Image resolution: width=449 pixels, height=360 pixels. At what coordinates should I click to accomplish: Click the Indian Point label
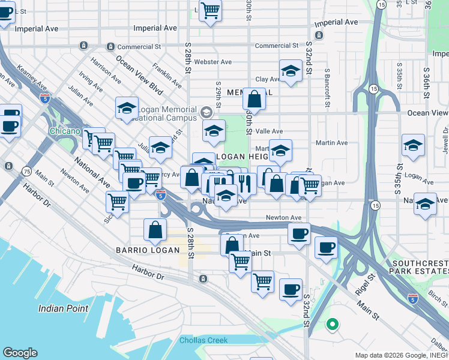63,308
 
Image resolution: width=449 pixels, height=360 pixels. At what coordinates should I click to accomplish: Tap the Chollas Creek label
203,340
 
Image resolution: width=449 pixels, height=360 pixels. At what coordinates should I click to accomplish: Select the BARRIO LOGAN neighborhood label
148,250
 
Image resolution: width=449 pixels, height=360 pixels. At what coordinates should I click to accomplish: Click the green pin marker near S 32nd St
331,325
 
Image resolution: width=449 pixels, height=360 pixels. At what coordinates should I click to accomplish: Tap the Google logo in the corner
20,353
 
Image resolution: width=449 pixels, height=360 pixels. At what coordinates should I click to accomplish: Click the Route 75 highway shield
27,171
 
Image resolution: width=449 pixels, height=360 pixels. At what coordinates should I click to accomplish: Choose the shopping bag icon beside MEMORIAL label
255,99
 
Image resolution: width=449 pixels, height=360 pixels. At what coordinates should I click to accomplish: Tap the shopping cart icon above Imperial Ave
210,10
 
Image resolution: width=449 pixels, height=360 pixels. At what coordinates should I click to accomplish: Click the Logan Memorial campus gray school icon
206,112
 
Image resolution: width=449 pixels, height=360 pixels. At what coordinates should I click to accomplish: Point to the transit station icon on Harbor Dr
203,279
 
